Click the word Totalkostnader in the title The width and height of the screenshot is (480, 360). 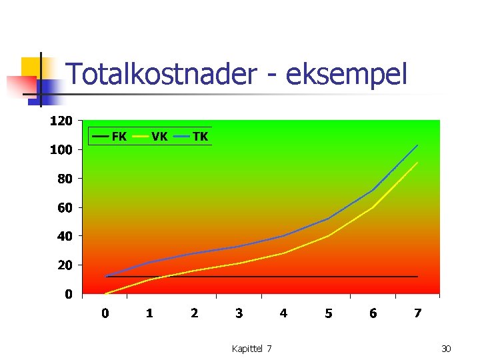pyautogui.click(x=160, y=74)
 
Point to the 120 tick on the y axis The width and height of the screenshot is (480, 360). pyautogui.click(x=61, y=121)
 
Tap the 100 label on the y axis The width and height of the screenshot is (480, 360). pyautogui.click(x=61, y=150)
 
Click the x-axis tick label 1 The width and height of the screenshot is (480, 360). pyautogui.click(x=150, y=313)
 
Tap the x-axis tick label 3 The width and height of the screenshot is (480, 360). pyautogui.click(x=239, y=313)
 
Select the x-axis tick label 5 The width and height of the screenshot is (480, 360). pyautogui.click(x=329, y=313)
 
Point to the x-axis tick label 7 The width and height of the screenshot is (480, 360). pyautogui.click(x=417, y=313)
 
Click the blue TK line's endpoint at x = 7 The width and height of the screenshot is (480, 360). pyautogui.click(x=417, y=145)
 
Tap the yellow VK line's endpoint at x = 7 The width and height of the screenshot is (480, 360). pyautogui.click(x=417, y=162)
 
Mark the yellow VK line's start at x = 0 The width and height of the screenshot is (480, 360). pyautogui.click(x=105, y=293)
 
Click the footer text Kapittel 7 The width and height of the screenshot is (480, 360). pyautogui.click(x=251, y=349)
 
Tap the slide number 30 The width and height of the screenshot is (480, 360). pyautogui.click(x=446, y=349)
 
